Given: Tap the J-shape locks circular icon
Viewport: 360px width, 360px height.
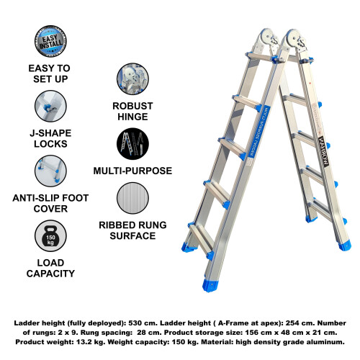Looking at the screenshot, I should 50,107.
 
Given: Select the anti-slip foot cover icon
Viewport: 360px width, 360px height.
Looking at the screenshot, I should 50,171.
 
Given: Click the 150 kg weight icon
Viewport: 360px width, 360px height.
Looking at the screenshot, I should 50,235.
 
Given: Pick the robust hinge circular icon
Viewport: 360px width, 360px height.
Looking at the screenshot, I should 132,79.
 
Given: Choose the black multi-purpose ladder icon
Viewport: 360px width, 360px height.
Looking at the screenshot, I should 132,144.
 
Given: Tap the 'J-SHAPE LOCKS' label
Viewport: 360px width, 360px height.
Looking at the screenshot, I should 50,138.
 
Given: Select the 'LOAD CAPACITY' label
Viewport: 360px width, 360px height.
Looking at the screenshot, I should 50,267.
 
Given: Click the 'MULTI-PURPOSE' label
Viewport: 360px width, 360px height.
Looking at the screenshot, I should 132,171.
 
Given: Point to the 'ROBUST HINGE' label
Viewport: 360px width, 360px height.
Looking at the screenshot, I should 132,111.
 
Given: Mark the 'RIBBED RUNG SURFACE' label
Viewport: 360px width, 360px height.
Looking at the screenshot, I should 132,229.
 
